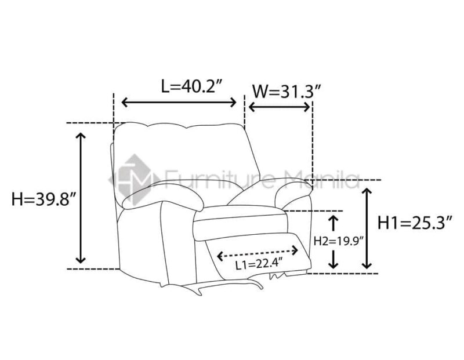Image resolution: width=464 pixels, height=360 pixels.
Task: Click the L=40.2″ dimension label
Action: pos(191,86)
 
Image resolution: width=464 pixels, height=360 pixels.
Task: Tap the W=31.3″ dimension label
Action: pos(286,92)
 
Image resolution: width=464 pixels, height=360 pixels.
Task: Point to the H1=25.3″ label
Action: pos(415,223)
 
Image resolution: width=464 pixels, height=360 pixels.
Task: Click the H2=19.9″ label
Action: pos(338,241)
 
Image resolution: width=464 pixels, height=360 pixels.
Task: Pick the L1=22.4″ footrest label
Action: pos(258,264)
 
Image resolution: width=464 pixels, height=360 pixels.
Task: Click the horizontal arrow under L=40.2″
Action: pos(179,103)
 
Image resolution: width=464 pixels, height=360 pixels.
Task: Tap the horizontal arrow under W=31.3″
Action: pos(280,107)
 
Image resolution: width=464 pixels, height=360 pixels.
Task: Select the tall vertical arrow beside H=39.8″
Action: pos(81,198)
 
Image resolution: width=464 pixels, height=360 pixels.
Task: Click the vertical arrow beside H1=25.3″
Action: pos(367,228)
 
